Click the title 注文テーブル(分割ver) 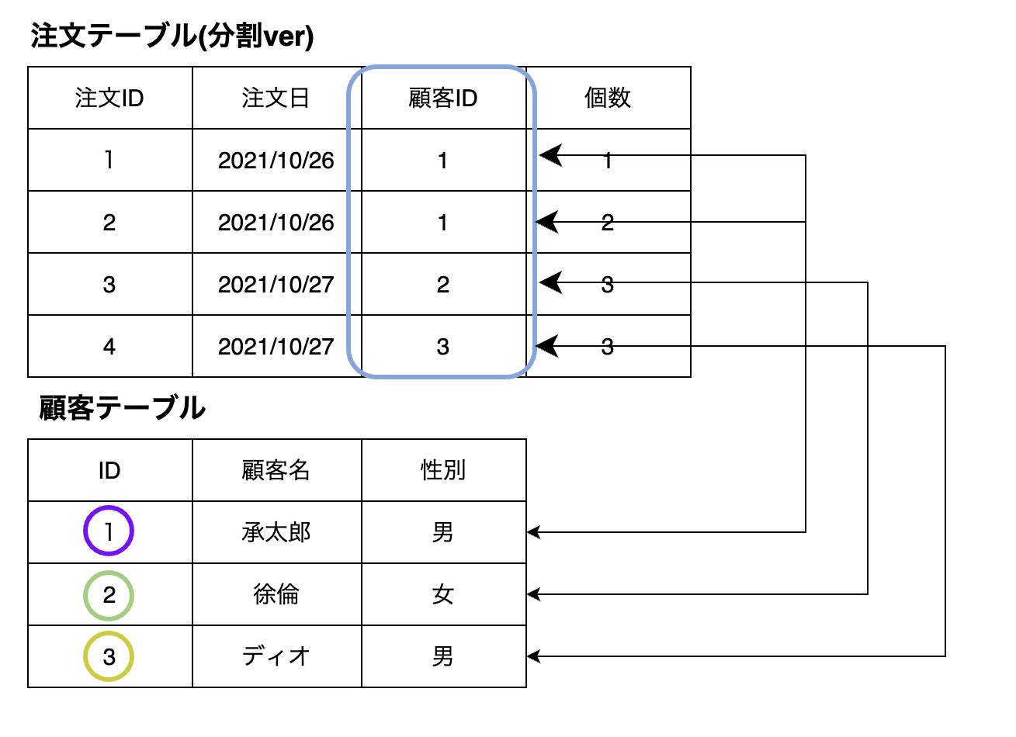(x=172, y=36)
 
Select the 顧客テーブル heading (x=122, y=408)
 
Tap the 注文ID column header (x=109, y=99)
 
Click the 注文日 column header (x=276, y=99)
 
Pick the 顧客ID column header (x=442, y=99)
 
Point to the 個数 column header (x=608, y=98)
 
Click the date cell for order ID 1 (x=276, y=161)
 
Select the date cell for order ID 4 (x=276, y=347)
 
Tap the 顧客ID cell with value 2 (x=442, y=285)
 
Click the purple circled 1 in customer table (x=109, y=531)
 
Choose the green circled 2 (x=109, y=595)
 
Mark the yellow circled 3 (x=109, y=657)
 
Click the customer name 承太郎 (x=276, y=533)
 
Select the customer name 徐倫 (x=276, y=595)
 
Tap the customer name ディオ (x=276, y=657)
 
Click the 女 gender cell (x=442, y=595)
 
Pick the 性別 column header (x=442, y=470)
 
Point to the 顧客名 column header (x=276, y=470)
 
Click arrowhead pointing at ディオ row (x=533, y=656)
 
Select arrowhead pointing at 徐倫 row (x=533, y=594)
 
